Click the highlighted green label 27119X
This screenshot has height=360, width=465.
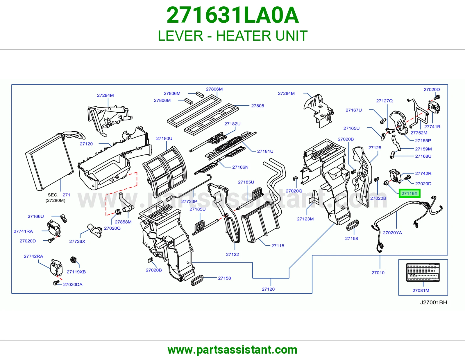409,193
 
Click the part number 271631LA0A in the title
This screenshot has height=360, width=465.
233,15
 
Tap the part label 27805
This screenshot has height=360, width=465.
257,106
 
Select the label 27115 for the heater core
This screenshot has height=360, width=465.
278,246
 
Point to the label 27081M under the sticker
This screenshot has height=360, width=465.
421,291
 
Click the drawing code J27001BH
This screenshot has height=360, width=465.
434,303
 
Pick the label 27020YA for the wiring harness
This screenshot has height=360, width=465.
392,233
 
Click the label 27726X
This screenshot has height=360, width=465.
77,241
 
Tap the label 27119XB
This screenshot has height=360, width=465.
76,272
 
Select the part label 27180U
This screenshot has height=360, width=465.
164,138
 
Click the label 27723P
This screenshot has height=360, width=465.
189,201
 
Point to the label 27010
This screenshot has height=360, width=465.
378,273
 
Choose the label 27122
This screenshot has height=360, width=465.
233,254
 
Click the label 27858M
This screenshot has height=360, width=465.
123,222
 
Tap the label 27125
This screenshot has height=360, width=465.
375,148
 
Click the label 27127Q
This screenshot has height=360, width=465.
384,101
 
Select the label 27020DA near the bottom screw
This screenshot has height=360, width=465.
73,285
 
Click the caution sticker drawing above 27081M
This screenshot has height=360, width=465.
423,272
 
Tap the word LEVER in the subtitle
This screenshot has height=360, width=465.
180,36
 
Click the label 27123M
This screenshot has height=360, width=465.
305,219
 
